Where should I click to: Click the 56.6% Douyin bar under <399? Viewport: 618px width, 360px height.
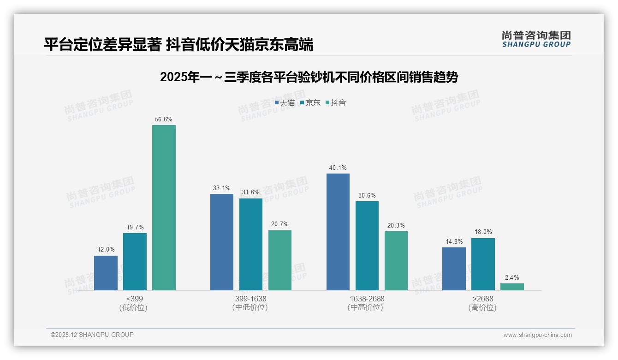tap(164, 208)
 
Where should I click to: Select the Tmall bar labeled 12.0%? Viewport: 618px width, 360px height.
tap(106, 273)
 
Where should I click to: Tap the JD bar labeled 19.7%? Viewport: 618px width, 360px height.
tap(135, 262)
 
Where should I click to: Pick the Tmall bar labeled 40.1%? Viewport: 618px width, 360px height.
tap(338, 232)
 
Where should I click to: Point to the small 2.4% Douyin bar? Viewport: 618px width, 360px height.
tap(512, 287)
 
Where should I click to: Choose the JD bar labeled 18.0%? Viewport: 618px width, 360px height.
tap(483, 264)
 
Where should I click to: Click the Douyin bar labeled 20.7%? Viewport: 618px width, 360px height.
tap(280, 260)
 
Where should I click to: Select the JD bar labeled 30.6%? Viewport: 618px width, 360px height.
tap(367, 246)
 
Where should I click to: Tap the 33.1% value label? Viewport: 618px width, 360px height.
tap(222, 188)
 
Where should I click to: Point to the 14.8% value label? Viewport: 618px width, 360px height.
tap(454, 242)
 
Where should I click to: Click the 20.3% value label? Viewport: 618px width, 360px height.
tap(396, 226)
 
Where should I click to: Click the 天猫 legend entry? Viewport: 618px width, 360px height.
tap(285, 103)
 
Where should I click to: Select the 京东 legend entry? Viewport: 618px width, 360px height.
tap(310, 103)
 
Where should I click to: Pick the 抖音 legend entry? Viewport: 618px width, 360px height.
tap(336, 103)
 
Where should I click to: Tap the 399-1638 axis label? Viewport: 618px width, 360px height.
tap(250, 299)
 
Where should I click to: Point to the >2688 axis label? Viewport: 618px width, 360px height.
tap(482, 299)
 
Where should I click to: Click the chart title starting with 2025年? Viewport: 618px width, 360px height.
tap(309, 77)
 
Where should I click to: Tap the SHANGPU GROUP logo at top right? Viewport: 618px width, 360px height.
tap(536, 39)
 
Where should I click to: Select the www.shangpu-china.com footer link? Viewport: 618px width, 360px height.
tap(537, 335)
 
